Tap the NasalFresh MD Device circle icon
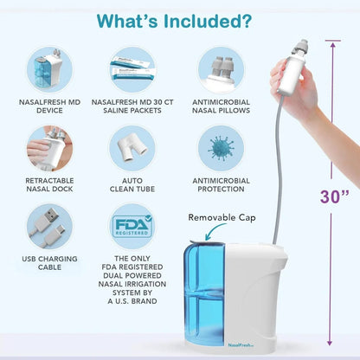coord(50,67)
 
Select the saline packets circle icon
coord(132,67)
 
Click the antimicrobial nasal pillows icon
coord(218,67)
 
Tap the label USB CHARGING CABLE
coord(50,262)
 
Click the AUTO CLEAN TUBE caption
coord(132,183)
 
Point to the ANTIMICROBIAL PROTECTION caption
coord(218,183)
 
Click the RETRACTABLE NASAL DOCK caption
coord(50,183)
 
